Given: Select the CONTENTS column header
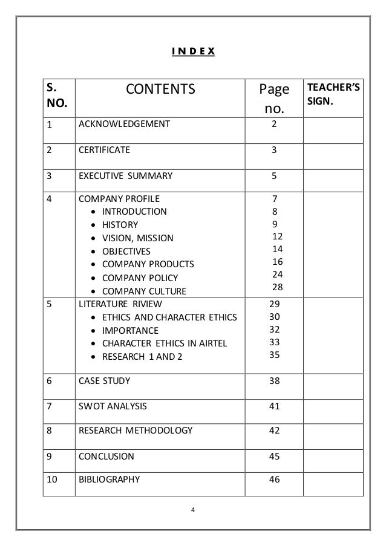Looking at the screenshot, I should (161, 90).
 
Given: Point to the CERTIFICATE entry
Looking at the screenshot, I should (103, 151).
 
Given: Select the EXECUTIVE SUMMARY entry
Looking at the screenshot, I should (125, 177).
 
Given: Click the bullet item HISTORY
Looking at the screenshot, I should (120, 224).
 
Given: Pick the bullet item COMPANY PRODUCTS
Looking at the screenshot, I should (148, 264).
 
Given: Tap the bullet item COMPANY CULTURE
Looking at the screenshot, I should (145, 291).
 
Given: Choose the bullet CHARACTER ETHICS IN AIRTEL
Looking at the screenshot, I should (165, 343).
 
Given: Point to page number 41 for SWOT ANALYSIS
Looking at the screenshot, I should (274, 406).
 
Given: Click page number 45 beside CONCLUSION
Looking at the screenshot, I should (274, 456).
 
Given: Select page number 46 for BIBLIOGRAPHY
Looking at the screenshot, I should (274, 481).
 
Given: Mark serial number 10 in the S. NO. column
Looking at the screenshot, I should (53, 481).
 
